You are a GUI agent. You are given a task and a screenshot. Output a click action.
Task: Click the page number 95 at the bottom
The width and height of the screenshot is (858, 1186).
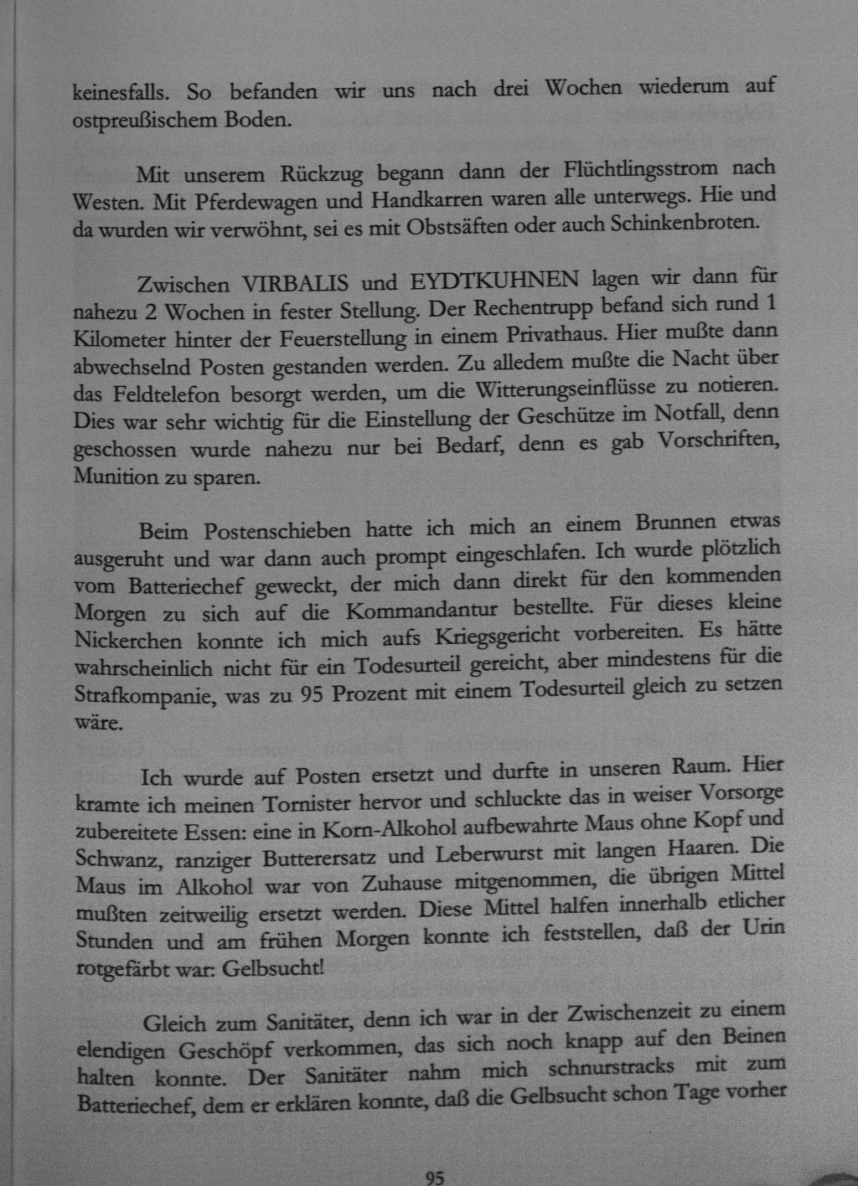pyautogui.click(x=434, y=1178)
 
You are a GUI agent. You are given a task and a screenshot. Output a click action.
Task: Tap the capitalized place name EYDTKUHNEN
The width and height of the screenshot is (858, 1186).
pyautogui.click(x=494, y=280)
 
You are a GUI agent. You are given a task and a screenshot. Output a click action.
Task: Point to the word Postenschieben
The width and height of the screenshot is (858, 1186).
pyautogui.click(x=277, y=531)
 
